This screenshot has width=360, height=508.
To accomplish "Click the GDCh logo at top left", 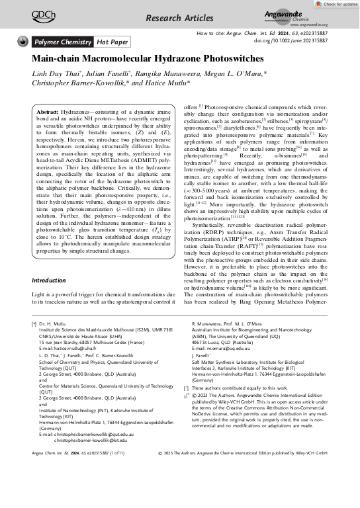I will click(43, 13).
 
